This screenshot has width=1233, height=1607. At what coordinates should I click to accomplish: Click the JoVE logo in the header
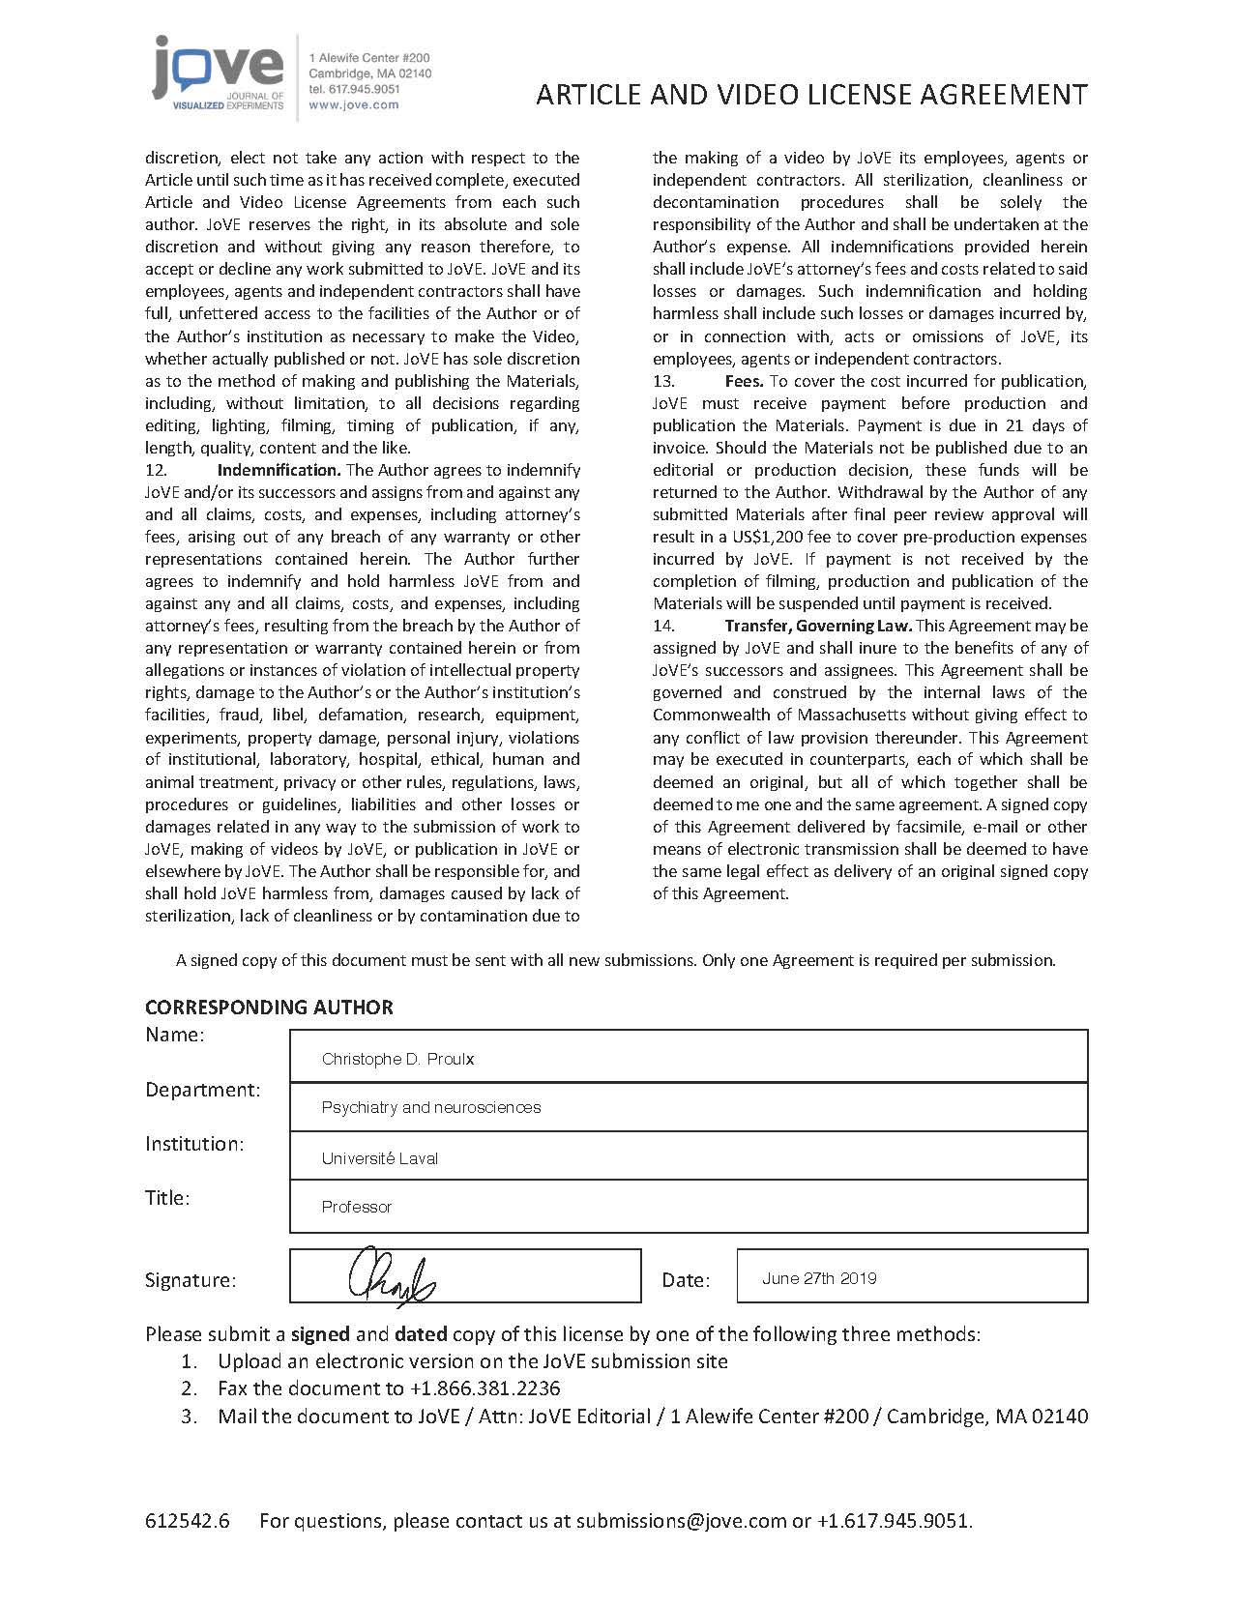click(x=218, y=73)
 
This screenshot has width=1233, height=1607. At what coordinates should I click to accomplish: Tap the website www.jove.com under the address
click(x=353, y=104)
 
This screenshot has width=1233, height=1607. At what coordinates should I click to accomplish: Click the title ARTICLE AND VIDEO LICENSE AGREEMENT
click(x=811, y=94)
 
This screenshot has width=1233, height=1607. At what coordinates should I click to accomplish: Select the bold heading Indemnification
click(x=279, y=470)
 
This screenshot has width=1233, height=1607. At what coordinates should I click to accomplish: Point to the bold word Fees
click(x=744, y=381)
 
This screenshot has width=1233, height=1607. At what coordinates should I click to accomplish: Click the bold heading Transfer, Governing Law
click(x=818, y=626)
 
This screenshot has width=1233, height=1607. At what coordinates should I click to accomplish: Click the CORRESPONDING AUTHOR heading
click(x=269, y=1007)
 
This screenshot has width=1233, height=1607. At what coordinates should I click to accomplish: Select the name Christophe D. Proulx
click(x=397, y=1059)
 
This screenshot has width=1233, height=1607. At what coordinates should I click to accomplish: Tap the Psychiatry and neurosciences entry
click(x=430, y=1107)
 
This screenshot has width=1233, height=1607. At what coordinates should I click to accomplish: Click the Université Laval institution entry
click(x=379, y=1158)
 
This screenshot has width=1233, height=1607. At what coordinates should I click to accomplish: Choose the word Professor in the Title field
click(x=356, y=1207)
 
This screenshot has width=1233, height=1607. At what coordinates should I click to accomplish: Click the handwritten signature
click(x=392, y=1277)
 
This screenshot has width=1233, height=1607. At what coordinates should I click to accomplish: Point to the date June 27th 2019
click(x=819, y=1278)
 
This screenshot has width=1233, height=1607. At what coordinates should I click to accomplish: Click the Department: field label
click(x=202, y=1090)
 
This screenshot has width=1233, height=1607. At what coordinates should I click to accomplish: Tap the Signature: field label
click(x=191, y=1280)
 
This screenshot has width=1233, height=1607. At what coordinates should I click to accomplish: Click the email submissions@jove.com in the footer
click(x=681, y=1520)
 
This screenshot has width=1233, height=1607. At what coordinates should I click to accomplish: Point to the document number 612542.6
click(x=188, y=1520)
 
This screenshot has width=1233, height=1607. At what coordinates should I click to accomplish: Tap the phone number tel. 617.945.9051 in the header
click(x=354, y=89)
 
